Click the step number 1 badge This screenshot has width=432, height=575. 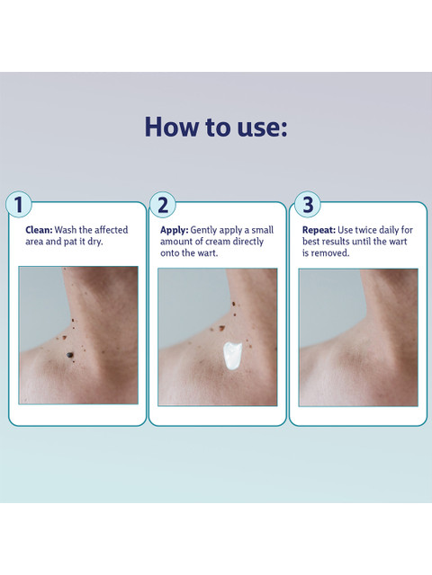pyautogui.click(x=19, y=204)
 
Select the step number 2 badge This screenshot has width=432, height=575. pyautogui.click(x=162, y=205)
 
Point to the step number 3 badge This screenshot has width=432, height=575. pyautogui.click(x=308, y=205)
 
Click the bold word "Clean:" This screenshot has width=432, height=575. pyautogui.click(x=39, y=230)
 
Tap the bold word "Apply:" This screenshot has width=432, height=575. pyautogui.click(x=174, y=230)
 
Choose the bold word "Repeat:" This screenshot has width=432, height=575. pyautogui.click(x=319, y=230)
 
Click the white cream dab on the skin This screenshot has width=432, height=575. pyautogui.click(x=232, y=356)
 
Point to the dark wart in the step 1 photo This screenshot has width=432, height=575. pyautogui.click(x=69, y=355)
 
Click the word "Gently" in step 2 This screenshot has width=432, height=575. pyautogui.click(x=203, y=230)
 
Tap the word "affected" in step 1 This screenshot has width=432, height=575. pyautogui.click(x=112, y=230)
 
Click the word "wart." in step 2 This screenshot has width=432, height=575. pyautogui.click(x=208, y=253)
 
